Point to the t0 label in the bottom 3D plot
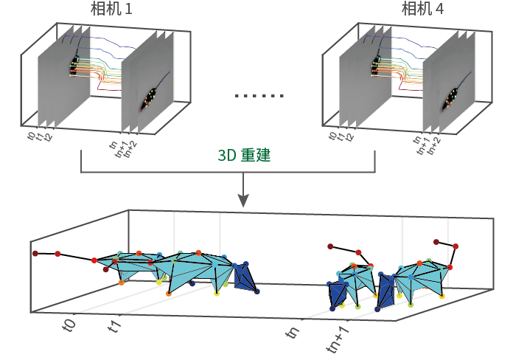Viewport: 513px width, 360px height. tap(69, 325)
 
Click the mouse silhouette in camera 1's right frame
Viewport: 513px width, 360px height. tap(152, 96)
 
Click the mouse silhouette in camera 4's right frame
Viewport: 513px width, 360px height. tap(451, 96)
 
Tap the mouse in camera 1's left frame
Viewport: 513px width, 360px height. tap(74, 67)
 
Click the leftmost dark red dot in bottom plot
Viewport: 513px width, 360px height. tap(35, 254)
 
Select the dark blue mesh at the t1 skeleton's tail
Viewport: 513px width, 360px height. tap(243, 278)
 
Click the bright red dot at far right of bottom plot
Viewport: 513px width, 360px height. tap(456, 246)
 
